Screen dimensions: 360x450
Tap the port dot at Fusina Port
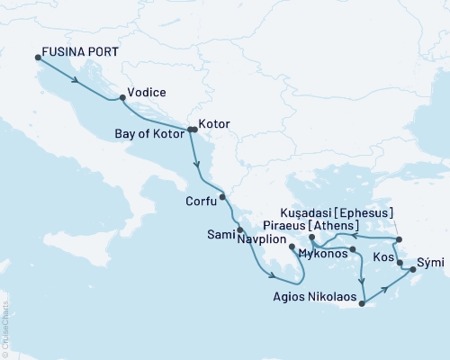(38, 58)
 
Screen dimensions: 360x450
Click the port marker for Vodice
(121, 97)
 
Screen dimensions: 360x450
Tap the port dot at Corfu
(222, 196)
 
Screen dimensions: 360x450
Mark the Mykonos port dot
(353, 248)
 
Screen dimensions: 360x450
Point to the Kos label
(382, 256)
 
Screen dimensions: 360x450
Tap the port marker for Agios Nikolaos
(361, 304)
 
